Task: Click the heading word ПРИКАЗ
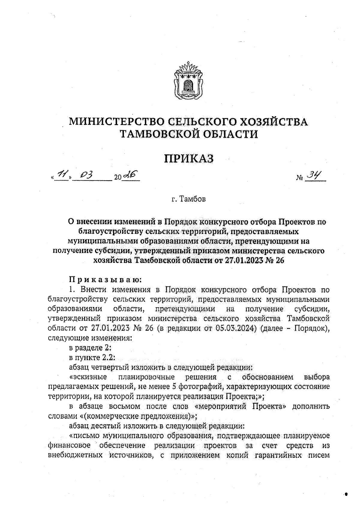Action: coord(189,158)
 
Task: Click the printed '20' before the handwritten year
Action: coord(118,178)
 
